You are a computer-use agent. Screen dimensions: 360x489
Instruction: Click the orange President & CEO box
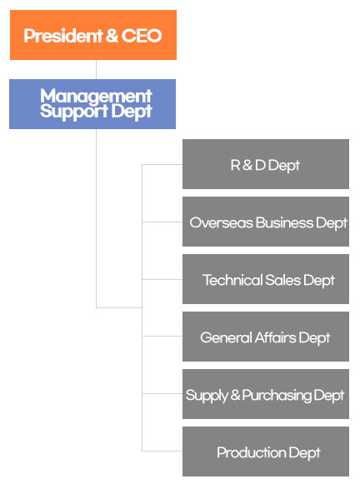coord(93,35)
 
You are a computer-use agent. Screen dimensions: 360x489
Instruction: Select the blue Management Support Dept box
coord(92,104)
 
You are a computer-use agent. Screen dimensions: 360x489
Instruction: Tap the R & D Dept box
coord(266,164)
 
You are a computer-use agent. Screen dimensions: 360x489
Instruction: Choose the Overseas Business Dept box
coord(266,222)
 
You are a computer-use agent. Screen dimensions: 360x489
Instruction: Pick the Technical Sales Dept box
coord(266,279)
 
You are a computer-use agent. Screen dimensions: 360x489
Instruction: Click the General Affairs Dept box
coord(266,337)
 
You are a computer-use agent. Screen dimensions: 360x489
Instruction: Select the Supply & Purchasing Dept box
coord(266,394)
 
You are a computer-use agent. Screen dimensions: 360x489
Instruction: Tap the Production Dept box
coord(266,452)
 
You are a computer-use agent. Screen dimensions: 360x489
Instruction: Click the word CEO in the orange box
coord(142,36)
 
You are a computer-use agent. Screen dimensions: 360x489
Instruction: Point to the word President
coord(63,36)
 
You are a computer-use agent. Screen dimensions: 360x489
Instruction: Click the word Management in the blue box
coord(96,96)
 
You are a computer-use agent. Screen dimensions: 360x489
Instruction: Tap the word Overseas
coord(221,222)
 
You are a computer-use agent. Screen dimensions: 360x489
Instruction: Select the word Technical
coord(232,280)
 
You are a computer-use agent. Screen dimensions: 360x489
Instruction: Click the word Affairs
coord(275,337)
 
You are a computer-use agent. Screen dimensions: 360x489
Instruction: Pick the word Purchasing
coord(277,396)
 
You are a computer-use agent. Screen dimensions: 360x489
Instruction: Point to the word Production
coord(251,452)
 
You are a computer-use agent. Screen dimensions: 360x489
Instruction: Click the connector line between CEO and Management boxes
coord(96,69)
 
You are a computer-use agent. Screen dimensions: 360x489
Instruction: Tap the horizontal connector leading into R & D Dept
coord(162,164)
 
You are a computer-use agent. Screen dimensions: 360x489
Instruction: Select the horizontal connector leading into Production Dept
coord(162,451)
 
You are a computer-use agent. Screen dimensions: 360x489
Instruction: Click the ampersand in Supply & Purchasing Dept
coord(235,395)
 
